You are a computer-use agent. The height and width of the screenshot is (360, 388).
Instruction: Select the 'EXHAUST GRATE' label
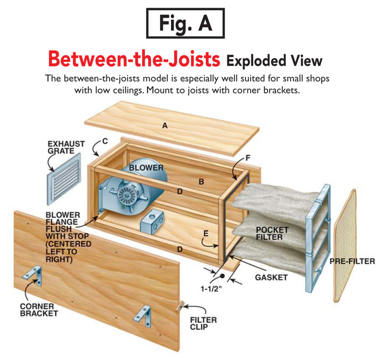click(x=66, y=148)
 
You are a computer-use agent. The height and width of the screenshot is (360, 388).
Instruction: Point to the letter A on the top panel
click(x=165, y=125)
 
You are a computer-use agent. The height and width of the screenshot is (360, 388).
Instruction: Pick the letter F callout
click(x=248, y=157)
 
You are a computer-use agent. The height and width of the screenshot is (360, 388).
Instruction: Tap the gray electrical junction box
click(x=153, y=222)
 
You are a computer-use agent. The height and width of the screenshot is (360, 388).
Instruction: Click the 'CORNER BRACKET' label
click(x=39, y=310)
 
